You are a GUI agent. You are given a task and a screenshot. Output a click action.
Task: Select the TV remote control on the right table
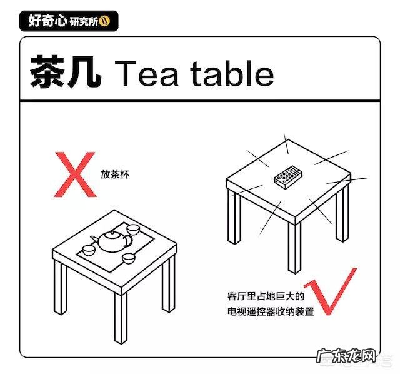coord(287,176)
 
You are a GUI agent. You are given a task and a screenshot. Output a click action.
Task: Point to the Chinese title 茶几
coord(64,73)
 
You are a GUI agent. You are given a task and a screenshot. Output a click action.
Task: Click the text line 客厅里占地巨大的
coord(266,296)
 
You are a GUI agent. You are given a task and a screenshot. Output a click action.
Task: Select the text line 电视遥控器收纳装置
coord(271,311)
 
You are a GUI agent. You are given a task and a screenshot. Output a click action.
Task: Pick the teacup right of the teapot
coord(128,258)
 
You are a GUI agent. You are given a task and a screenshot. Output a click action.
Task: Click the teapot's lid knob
coord(112,230)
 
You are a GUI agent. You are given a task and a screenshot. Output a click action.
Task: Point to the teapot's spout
coord(94,237)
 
